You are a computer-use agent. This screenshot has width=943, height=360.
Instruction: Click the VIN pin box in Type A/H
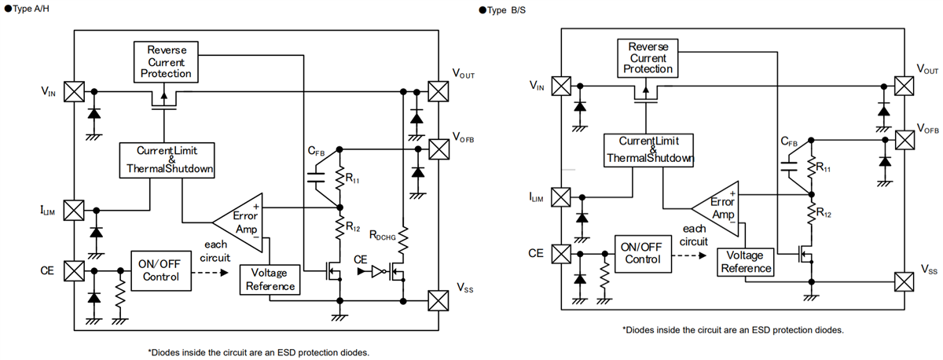click(x=74, y=91)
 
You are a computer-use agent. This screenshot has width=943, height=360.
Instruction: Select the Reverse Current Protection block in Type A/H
click(x=166, y=62)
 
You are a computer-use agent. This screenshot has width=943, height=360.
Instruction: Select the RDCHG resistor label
click(x=386, y=236)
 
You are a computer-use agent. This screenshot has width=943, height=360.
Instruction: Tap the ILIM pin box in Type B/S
click(x=561, y=197)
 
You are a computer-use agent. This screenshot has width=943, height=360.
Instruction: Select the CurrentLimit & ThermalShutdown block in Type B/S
click(x=650, y=149)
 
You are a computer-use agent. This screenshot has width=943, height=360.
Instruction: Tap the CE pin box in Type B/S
click(x=561, y=254)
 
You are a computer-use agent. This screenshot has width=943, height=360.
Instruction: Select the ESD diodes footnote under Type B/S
click(x=732, y=330)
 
